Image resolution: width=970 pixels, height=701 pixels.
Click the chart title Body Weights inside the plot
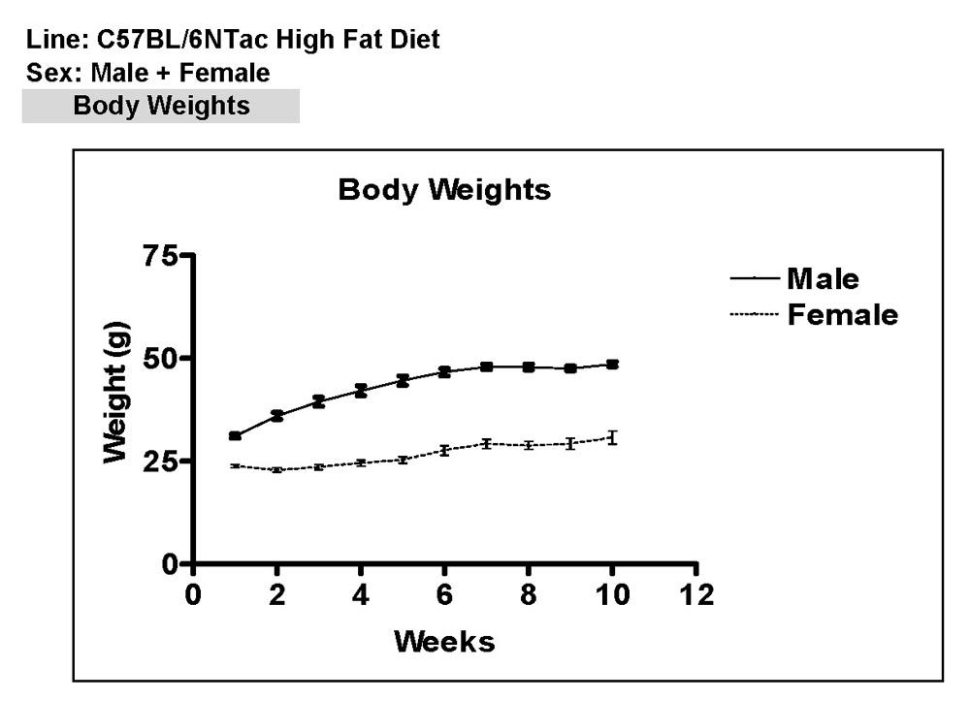coord(443,190)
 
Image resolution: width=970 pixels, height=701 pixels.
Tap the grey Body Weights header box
coord(161,106)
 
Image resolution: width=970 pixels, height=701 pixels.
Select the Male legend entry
coord(822,279)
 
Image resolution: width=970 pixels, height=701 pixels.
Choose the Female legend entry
coord(842,314)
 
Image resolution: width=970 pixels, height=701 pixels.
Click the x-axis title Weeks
coord(443,641)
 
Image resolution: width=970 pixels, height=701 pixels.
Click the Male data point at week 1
coord(236,436)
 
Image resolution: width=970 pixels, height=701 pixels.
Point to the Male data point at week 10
coord(612,365)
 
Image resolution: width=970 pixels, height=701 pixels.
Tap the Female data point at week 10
coord(612,437)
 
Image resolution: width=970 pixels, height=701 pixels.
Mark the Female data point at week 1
coord(236,466)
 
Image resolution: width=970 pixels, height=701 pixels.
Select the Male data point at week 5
coord(403,380)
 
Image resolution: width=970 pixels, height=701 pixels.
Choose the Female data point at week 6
coord(444,450)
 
